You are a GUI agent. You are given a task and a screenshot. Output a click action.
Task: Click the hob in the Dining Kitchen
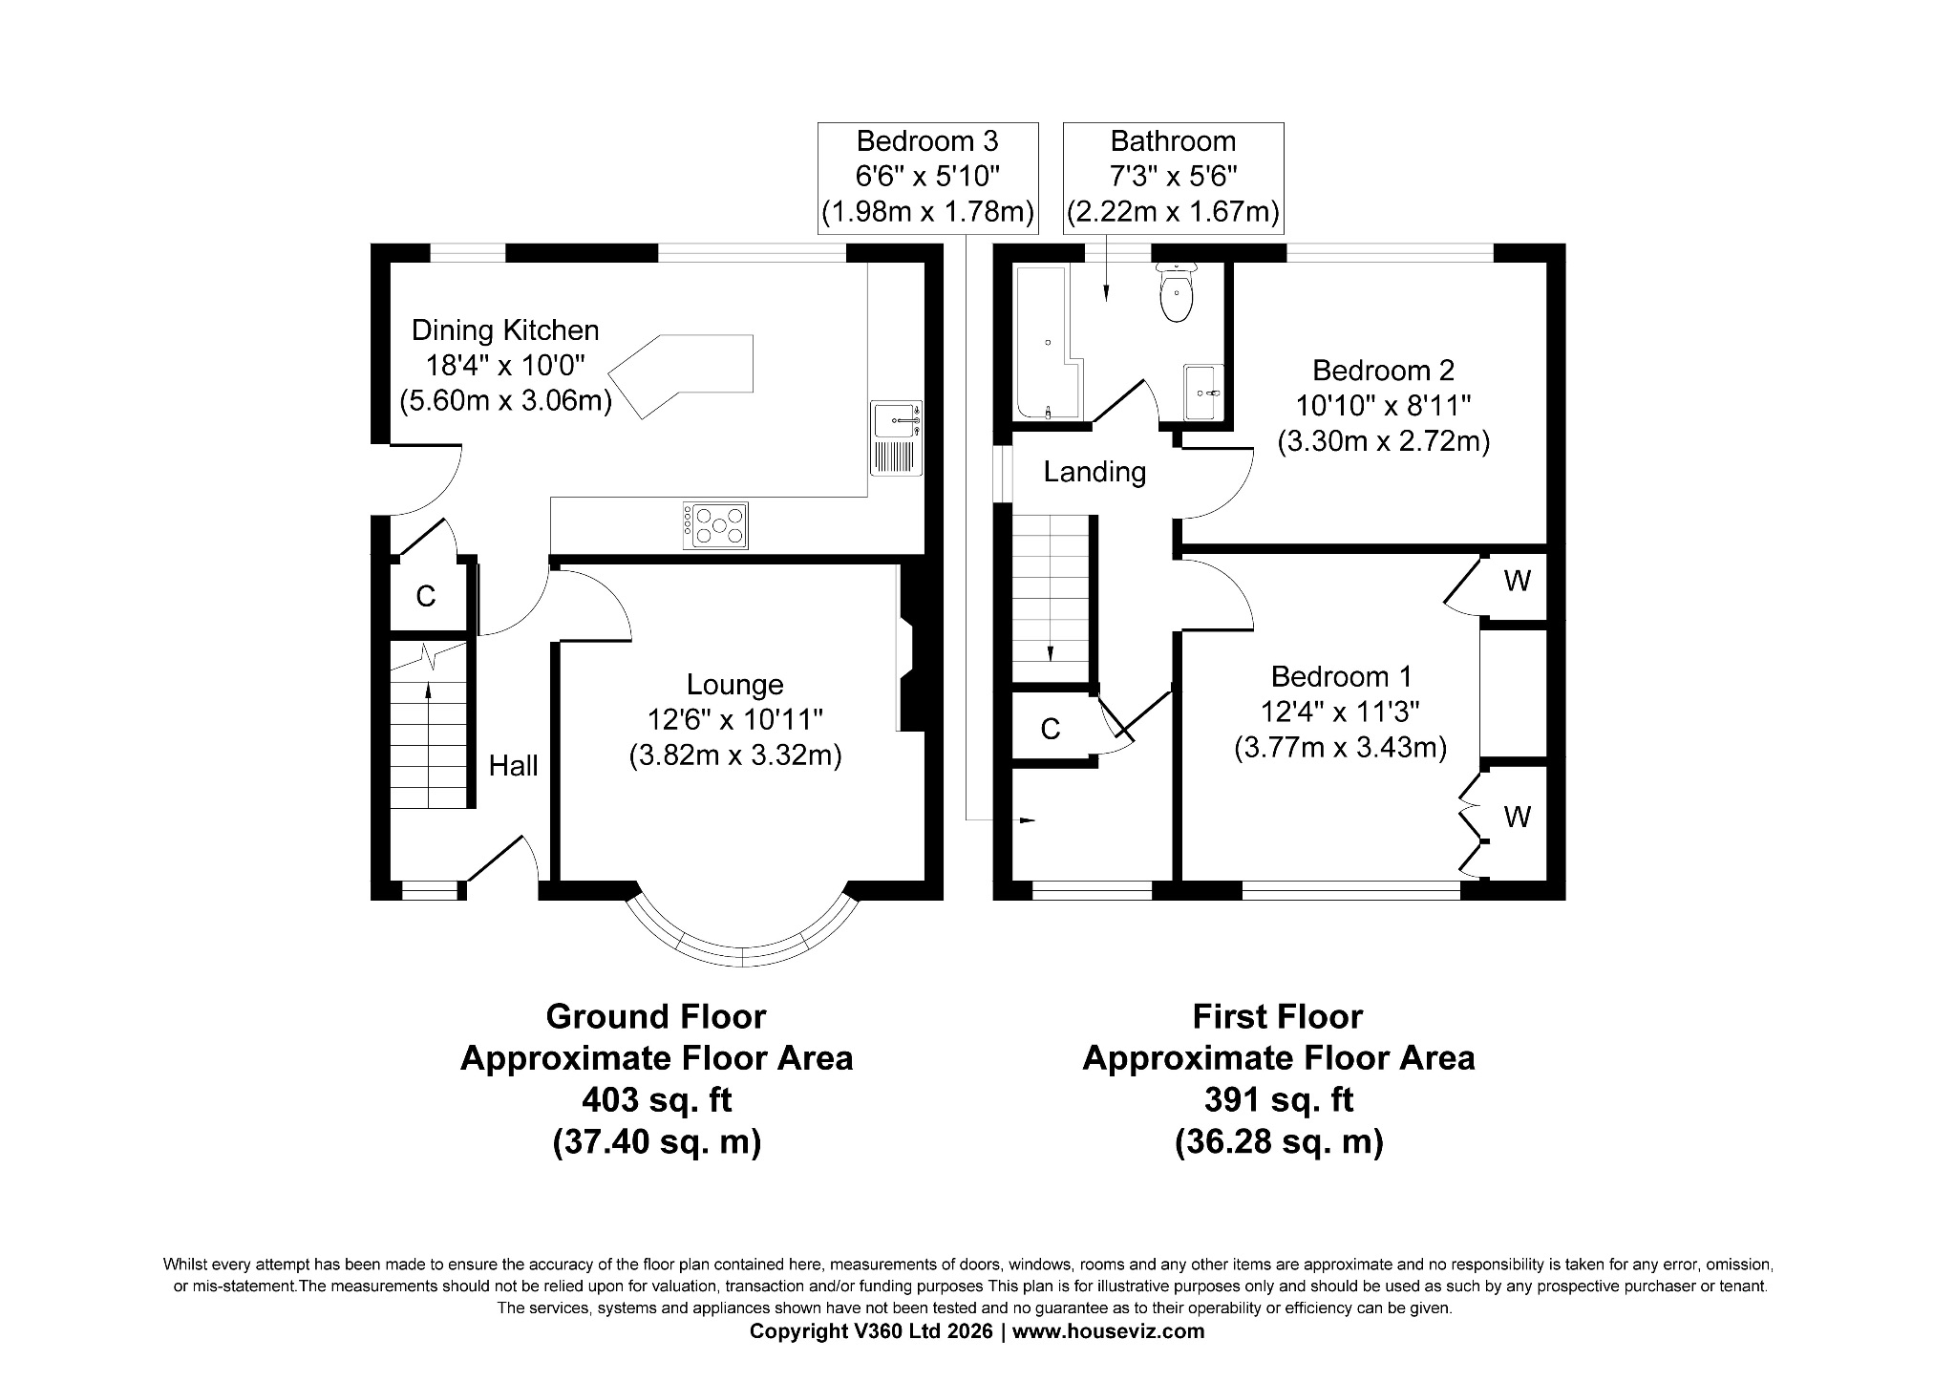[715, 525]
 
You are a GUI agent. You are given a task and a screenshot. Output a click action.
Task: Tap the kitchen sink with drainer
[896, 437]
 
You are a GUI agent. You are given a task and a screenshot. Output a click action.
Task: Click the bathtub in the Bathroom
[1045, 344]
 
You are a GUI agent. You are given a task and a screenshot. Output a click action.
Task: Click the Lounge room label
[734, 684]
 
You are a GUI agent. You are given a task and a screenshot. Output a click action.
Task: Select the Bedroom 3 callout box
[927, 177]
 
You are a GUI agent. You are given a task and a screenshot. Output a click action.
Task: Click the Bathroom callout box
[1173, 177]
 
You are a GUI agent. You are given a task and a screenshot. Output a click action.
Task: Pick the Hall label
[513, 765]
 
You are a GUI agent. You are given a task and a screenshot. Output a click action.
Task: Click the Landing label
[1094, 472]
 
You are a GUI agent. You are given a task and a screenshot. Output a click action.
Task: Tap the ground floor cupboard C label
[426, 597]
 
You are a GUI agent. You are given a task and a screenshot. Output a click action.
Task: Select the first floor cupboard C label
[1050, 729]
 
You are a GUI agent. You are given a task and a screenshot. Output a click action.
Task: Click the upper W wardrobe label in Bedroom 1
[1517, 580]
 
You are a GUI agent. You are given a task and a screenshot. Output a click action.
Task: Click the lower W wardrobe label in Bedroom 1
[1517, 817]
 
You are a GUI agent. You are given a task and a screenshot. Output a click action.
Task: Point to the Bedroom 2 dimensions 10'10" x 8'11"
[1383, 406]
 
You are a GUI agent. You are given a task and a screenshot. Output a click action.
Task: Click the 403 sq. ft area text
[656, 1100]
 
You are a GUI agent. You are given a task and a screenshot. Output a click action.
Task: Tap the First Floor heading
[1277, 1016]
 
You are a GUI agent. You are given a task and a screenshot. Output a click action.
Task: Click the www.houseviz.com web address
[1108, 1330]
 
